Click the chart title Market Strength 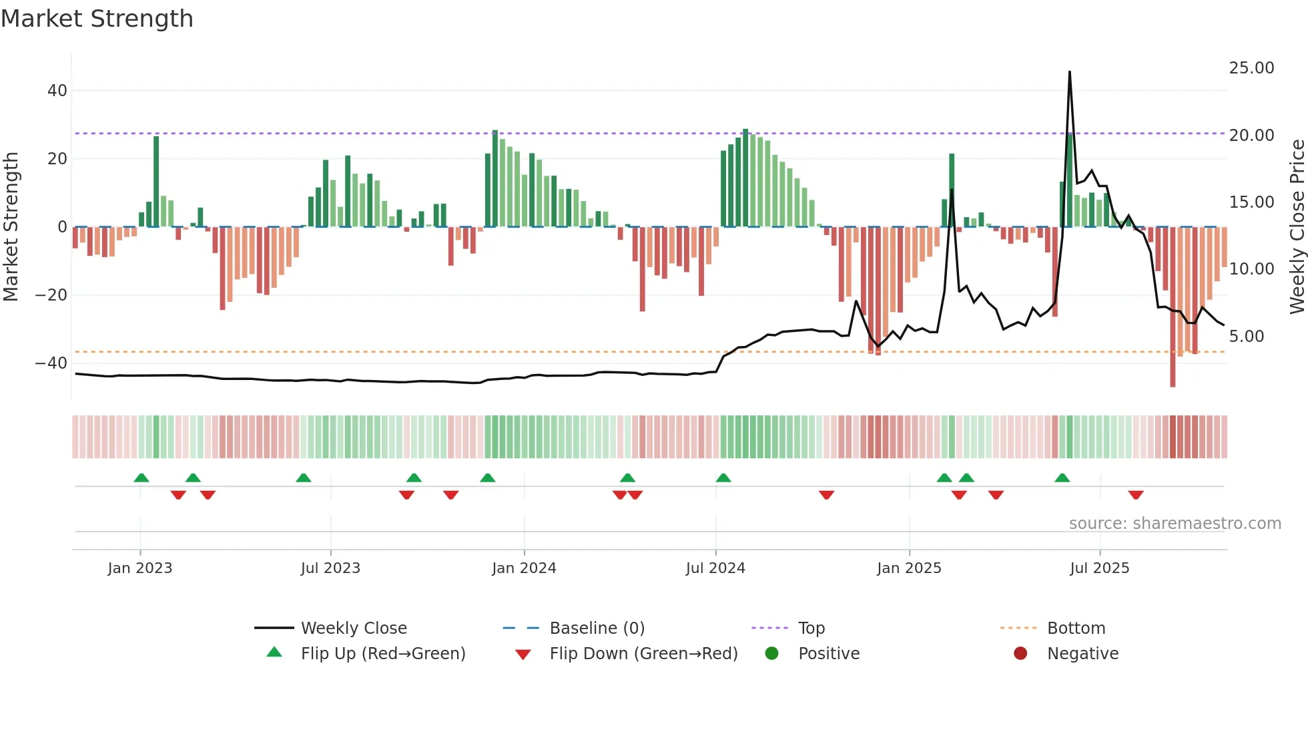click(x=97, y=19)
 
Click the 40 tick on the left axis click(x=57, y=91)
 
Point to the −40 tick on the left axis click(x=51, y=363)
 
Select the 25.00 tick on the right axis click(x=1251, y=68)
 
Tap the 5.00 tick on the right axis click(x=1247, y=337)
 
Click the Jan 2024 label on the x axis click(x=524, y=568)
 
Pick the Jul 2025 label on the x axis click(x=1099, y=568)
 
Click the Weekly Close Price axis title click(x=1297, y=227)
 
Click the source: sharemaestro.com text click(x=1175, y=524)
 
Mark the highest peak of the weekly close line click(x=1070, y=72)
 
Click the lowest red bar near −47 click(x=1173, y=385)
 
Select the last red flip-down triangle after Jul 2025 click(x=1136, y=495)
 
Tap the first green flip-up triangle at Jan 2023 click(x=141, y=478)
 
